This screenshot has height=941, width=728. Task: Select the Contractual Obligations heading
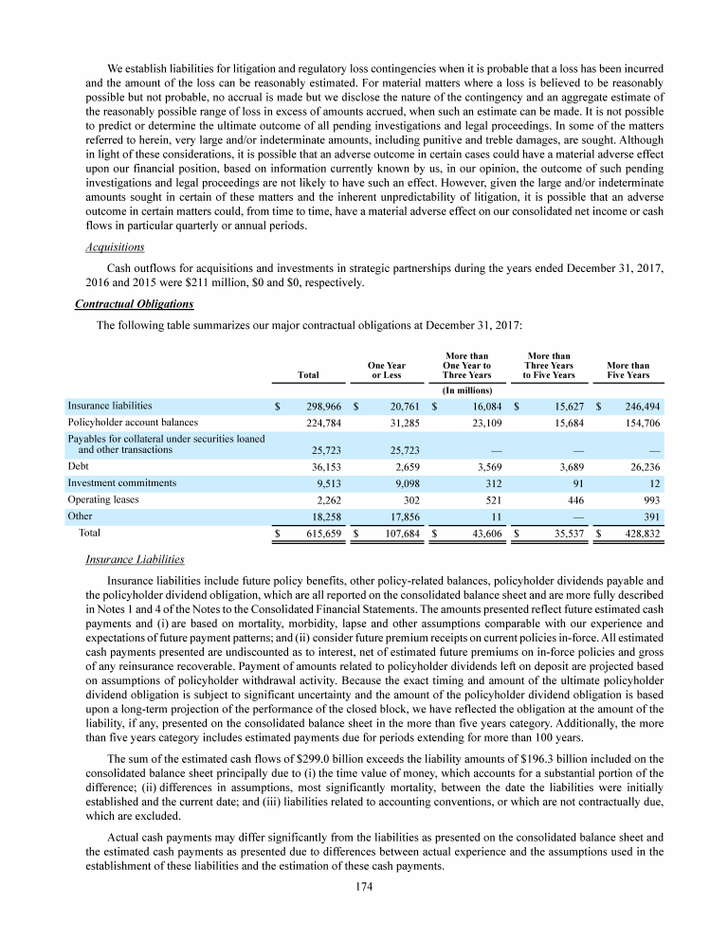click(134, 304)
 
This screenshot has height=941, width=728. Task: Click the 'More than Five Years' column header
click(628, 370)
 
